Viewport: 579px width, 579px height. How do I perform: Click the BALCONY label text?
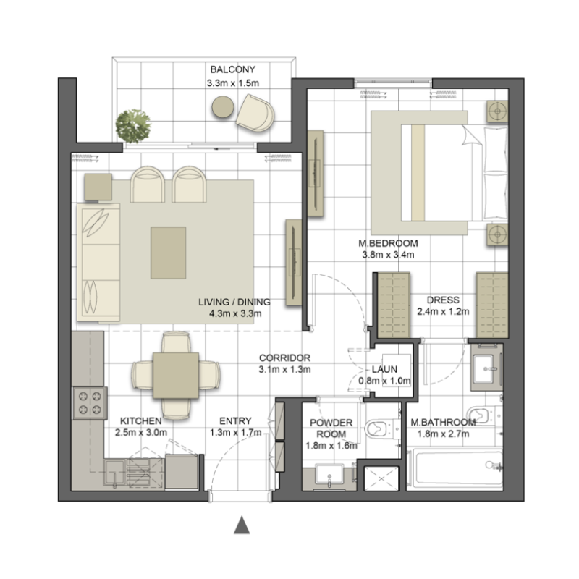point(232,70)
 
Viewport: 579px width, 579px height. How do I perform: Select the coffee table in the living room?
point(168,252)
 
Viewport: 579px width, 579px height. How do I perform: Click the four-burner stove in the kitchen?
point(89,403)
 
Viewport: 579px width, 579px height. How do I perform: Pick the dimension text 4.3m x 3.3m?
point(233,314)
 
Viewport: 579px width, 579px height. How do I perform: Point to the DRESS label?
point(443,300)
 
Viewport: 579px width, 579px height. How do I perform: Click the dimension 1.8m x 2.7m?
point(443,434)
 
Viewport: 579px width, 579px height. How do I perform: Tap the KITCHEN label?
point(140,421)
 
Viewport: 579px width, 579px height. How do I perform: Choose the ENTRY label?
point(235,421)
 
